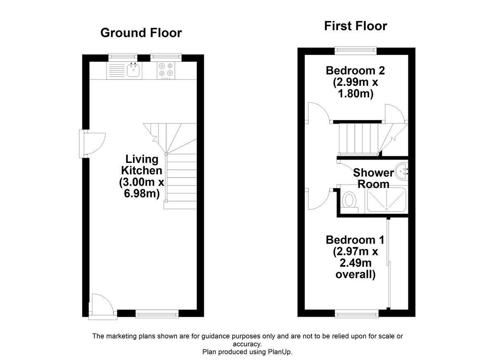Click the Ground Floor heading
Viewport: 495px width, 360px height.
pos(141,33)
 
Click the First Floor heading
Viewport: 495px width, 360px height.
pos(356,26)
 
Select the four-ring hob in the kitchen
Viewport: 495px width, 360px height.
pos(166,70)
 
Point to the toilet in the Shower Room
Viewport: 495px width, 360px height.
pos(349,200)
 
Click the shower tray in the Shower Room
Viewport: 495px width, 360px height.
pos(387,200)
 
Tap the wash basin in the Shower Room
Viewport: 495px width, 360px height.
pos(401,172)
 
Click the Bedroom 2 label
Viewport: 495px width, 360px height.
pos(355,71)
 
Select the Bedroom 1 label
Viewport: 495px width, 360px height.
pos(355,240)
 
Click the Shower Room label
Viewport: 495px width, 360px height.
pos(373,179)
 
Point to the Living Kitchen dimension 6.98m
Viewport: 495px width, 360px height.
pos(141,194)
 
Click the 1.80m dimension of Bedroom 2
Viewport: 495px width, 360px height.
pos(356,94)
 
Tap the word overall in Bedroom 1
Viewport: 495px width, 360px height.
pos(355,275)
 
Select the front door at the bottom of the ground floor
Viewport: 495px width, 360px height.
pos(103,307)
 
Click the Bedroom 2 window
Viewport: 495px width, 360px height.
pos(356,50)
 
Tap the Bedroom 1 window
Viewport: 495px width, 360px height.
pos(357,314)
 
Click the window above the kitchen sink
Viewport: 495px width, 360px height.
pos(123,57)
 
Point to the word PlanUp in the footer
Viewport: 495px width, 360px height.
pos(280,352)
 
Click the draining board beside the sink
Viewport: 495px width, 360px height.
pos(117,70)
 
